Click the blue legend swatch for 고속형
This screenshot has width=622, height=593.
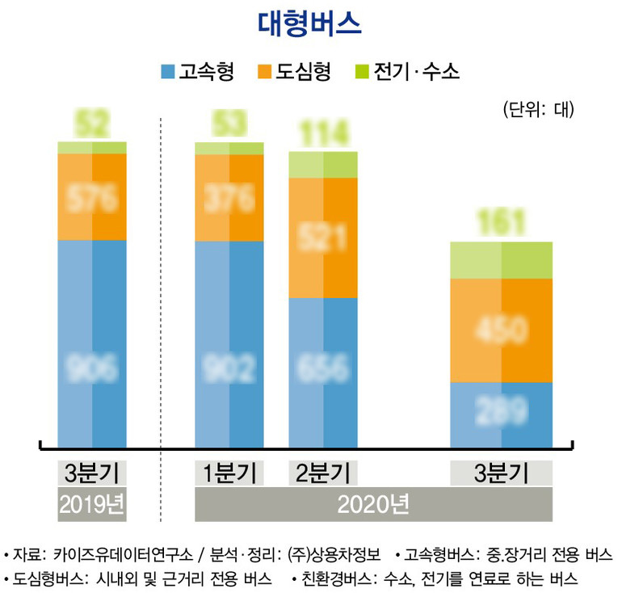(x=168, y=72)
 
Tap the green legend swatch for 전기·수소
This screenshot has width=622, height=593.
(x=361, y=72)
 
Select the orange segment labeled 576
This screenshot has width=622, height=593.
(x=92, y=196)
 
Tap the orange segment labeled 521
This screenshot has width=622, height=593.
(x=323, y=238)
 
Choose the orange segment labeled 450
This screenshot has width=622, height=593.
(x=501, y=330)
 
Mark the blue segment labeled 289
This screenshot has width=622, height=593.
(x=501, y=412)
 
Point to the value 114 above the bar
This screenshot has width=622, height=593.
(x=323, y=132)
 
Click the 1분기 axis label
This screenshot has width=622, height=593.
(x=229, y=473)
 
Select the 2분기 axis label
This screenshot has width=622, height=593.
(x=323, y=473)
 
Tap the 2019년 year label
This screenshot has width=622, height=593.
(x=92, y=504)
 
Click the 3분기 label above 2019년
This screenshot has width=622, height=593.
(x=92, y=473)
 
